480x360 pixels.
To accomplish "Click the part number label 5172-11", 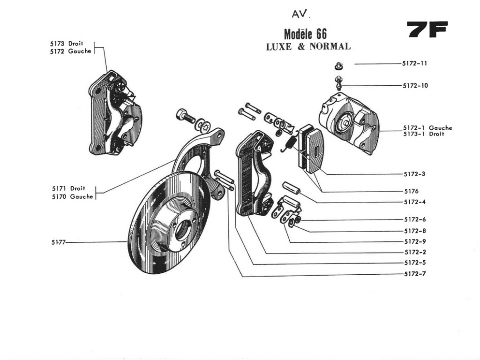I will [414, 63].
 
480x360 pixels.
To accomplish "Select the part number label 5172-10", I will [415, 86].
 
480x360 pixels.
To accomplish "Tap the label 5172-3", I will [414, 174].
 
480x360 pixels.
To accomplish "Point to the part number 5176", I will [411, 191].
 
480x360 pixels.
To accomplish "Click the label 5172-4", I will [414, 202].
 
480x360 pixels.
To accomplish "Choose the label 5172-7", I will [414, 274].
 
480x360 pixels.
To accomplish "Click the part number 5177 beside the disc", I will [59, 242].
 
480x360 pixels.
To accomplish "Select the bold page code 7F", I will [427, 30].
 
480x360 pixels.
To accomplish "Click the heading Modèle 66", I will [305, 34].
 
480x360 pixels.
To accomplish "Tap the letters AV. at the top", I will [300, 15].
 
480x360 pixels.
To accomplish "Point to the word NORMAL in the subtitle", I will [330, 46].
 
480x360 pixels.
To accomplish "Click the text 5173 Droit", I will [67, 44].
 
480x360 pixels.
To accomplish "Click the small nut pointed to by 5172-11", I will [338, 66].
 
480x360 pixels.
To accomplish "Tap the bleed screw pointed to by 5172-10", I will [338, 83].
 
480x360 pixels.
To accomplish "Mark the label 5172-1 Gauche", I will [427, 127].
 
